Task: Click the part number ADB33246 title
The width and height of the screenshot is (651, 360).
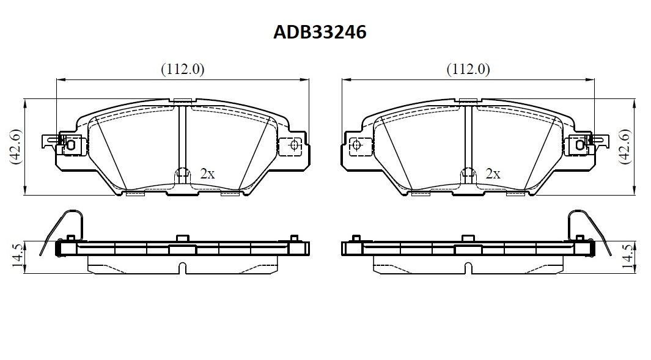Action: tap(320, 32)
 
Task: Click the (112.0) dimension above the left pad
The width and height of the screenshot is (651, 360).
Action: tap(183, 69)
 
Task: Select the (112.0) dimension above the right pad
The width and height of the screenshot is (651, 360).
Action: tap(468, 69)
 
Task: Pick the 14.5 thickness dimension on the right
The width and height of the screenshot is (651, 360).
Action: tap(628, 256)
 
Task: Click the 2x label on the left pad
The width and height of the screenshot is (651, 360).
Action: tap(208, 174)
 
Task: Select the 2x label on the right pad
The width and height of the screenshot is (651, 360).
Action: tap(493, 174)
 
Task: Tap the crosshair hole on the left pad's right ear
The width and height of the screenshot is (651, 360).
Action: tap(295, 145)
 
